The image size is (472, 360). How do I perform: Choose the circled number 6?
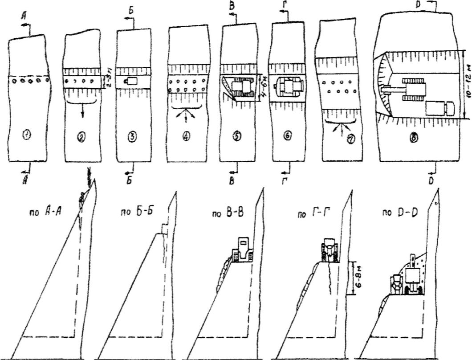click(x=288, y=137)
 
